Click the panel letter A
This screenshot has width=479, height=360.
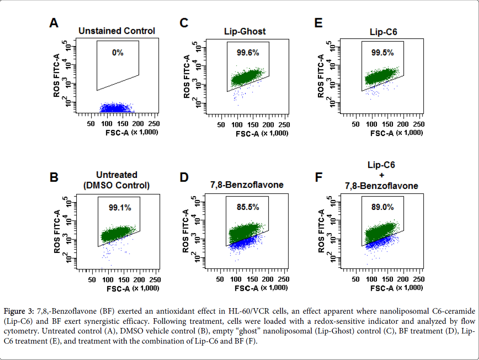tap(54, 23)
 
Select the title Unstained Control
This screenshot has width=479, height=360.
tap(117, 31)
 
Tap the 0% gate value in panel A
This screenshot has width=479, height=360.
tap(117, 53)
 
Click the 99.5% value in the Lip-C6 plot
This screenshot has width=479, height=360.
tap(382, 53)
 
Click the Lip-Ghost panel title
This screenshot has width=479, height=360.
tap(245, 31)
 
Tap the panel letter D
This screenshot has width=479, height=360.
tap(184, 177)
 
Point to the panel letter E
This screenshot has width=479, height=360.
tap(318, 23)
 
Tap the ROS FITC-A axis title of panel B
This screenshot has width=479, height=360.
tap(57, 229)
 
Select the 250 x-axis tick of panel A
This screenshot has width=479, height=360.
tap(153, 124)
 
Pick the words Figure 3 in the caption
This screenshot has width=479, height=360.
tap(19, 312)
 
